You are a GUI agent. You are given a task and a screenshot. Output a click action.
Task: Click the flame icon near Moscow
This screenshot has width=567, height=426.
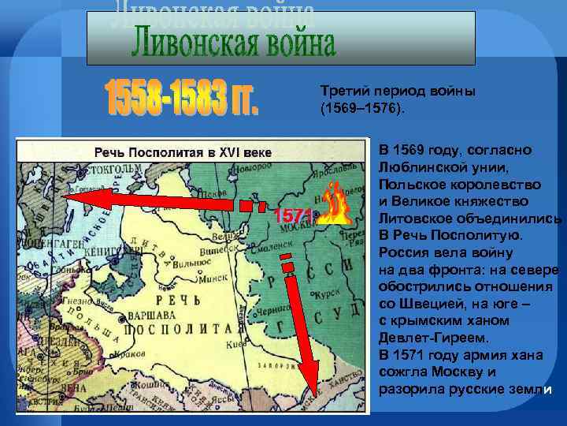click(x=335, y=205)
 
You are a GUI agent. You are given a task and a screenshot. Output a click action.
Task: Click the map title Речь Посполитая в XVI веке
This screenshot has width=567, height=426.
click(x=183, y=150)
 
